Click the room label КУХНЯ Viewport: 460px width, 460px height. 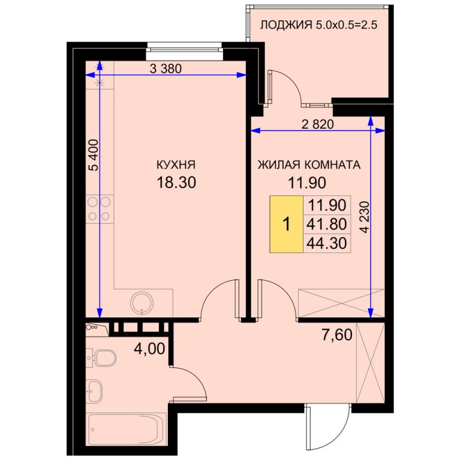[176, 164]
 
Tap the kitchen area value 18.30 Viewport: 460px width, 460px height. [177, 182]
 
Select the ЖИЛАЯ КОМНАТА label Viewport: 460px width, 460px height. [309, 164]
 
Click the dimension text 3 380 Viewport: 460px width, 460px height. [166, 68]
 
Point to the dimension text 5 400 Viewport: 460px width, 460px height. [94, 155]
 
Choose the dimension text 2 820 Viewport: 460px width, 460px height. [318, 124]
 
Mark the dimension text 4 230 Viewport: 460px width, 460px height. [365, 217]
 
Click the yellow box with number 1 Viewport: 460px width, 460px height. [286, 224]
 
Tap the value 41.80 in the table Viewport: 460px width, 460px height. [327, 224]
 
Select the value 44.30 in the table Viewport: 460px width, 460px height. [327, 243]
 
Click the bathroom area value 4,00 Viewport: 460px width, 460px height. [149, 349]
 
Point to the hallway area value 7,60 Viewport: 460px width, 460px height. [337, 335]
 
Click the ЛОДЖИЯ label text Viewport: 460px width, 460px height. [286, 25]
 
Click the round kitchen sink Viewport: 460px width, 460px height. [142, 304]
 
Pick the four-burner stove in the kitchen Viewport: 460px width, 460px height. [99, 209]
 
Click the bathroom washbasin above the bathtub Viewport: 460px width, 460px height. [94, 391]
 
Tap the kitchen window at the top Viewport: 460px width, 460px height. [183, 47]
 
